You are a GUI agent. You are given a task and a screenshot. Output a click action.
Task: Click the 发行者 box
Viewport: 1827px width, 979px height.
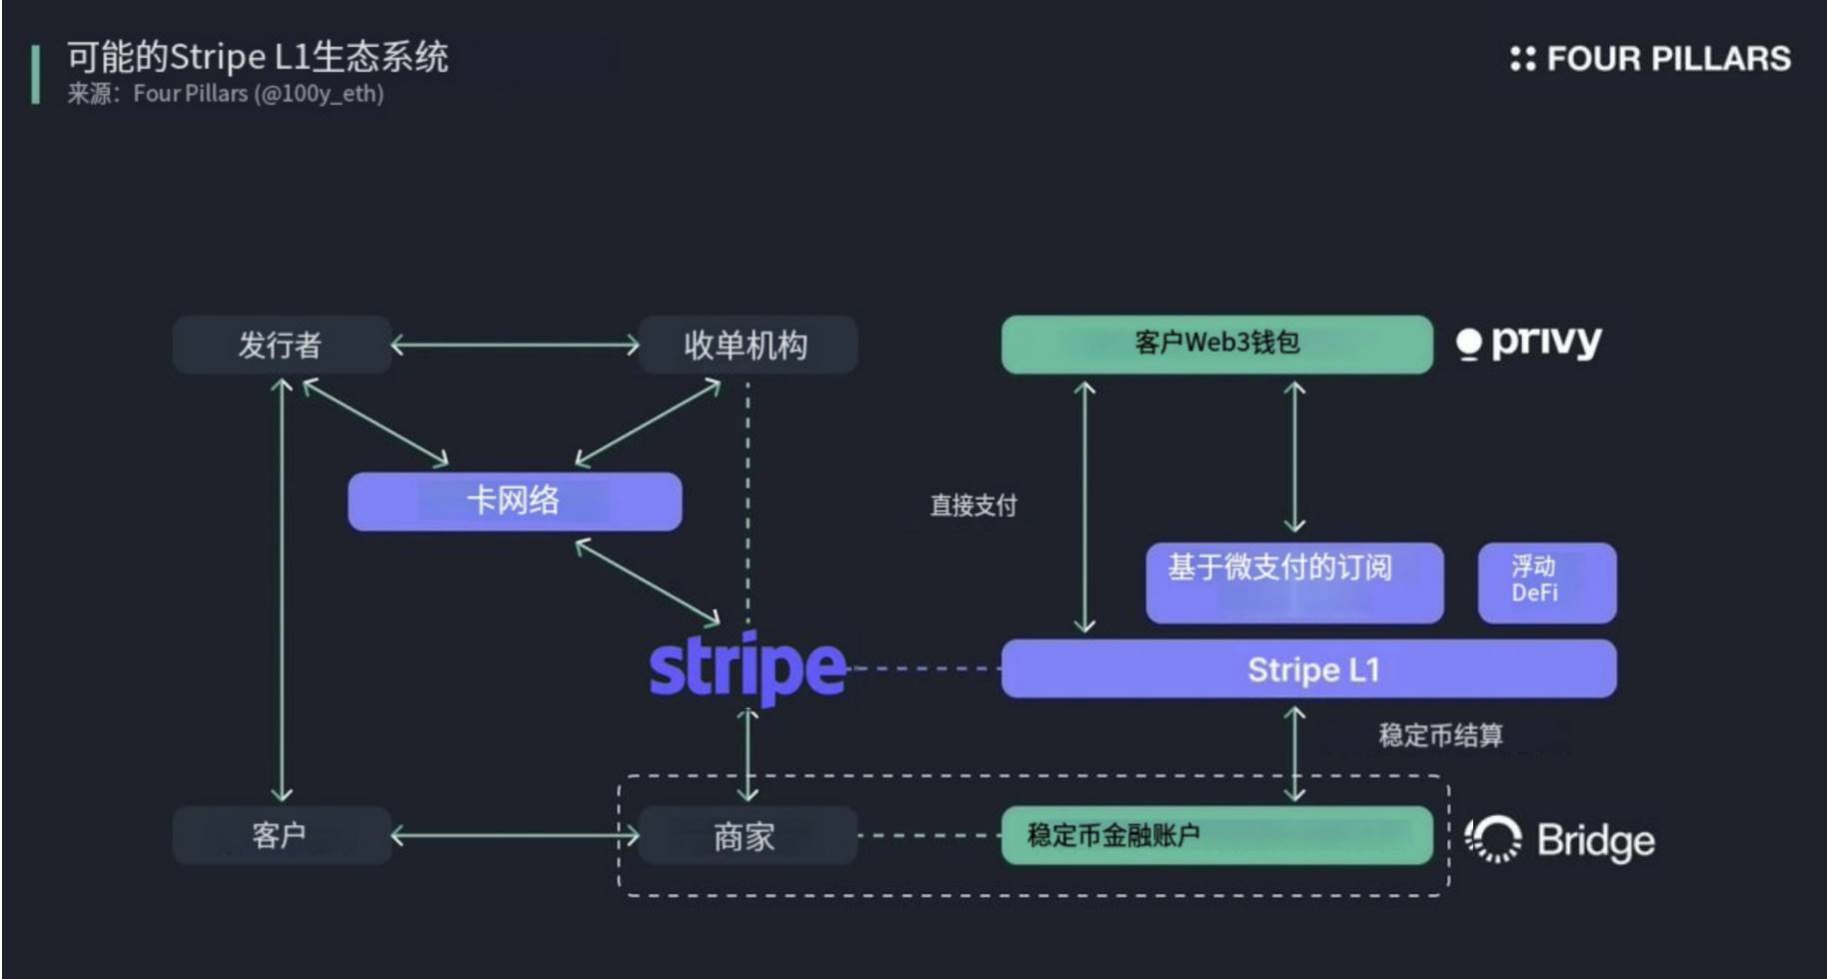(281, 346)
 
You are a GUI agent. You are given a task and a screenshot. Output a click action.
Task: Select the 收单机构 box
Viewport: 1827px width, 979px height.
(747, 346)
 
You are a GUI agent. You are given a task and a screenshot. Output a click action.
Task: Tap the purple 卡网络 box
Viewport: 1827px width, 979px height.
(514, 501)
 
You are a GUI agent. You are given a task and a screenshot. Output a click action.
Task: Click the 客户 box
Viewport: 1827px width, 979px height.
(281, 835)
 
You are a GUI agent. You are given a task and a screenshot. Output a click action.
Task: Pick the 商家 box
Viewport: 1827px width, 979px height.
(747, 836)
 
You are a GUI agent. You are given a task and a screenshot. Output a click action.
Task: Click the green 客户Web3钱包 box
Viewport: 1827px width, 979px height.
(1216, 345)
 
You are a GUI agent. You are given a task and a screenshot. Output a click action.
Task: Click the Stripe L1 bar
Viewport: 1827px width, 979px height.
(1308, 669)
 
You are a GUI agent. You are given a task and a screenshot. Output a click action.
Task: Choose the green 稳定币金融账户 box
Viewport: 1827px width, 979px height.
(1216, 835)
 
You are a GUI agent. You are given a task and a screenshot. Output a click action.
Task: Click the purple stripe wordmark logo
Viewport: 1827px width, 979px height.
(748, 666)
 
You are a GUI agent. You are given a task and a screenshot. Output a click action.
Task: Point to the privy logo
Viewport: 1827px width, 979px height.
(1529, 344)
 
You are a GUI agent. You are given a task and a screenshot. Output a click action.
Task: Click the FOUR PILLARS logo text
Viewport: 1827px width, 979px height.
(1651, 59)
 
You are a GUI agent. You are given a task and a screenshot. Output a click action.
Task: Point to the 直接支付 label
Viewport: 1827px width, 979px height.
(972, 505)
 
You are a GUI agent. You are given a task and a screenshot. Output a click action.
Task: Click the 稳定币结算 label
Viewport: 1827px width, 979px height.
(1440, 736)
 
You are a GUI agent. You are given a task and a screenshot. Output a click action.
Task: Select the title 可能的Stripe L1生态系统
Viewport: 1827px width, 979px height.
(258, 57)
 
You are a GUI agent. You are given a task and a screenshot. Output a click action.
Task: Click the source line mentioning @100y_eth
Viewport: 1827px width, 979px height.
(226, 94)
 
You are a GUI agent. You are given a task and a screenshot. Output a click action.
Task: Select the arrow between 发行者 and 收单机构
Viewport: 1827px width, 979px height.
(515, 346)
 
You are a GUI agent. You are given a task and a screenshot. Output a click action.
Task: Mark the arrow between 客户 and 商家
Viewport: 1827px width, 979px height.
(515, 836)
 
